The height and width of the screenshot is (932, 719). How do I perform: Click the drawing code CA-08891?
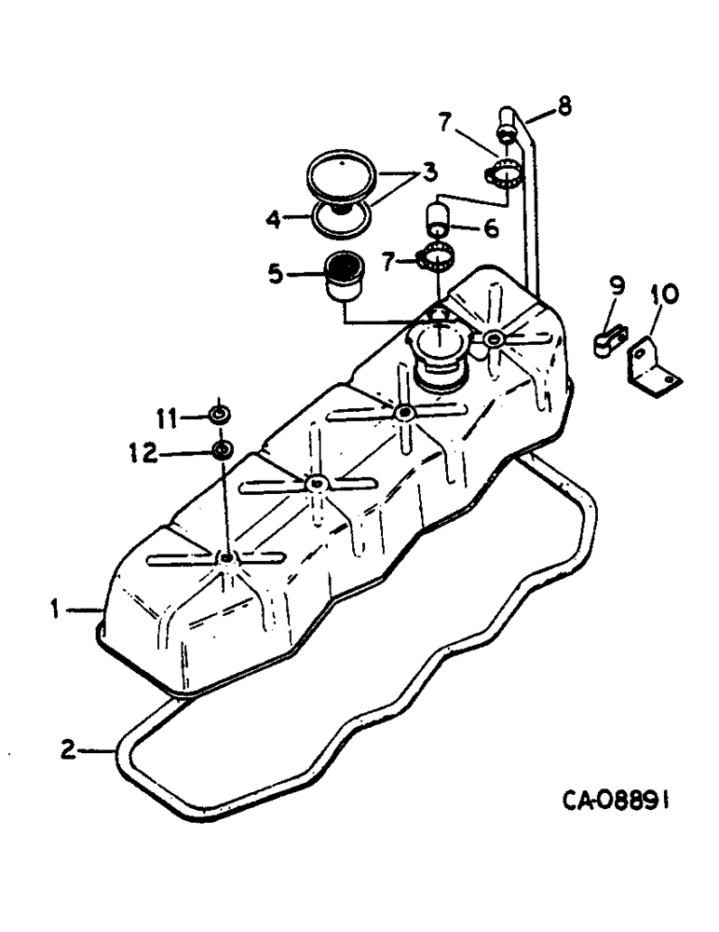click(617, 800)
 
